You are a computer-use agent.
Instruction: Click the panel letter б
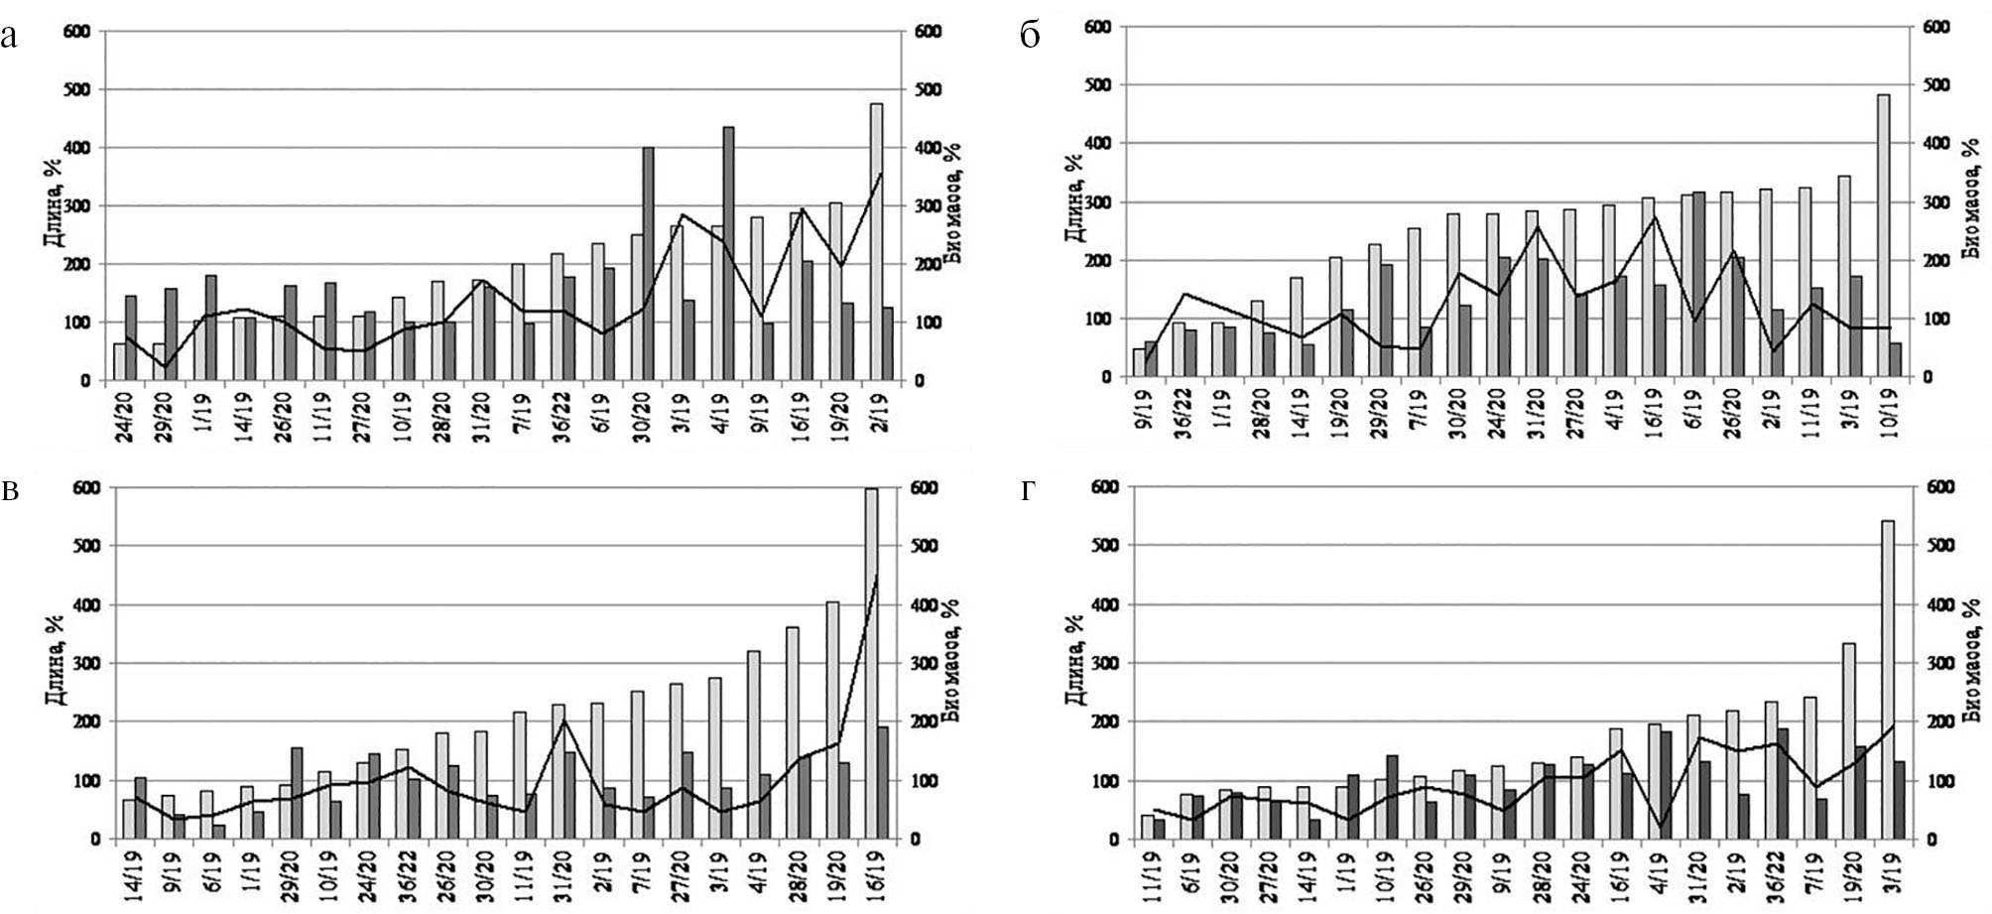click(x=1030, y=37)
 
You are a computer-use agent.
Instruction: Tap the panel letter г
click(x=1028, y=490)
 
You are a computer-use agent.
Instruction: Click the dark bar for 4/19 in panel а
click(x=728, y=253)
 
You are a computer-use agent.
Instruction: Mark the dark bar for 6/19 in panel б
click(x=1698, y=284)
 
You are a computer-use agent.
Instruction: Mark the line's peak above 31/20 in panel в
click(x=563, y=720)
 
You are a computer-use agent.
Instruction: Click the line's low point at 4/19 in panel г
click(x=1661, y=826)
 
